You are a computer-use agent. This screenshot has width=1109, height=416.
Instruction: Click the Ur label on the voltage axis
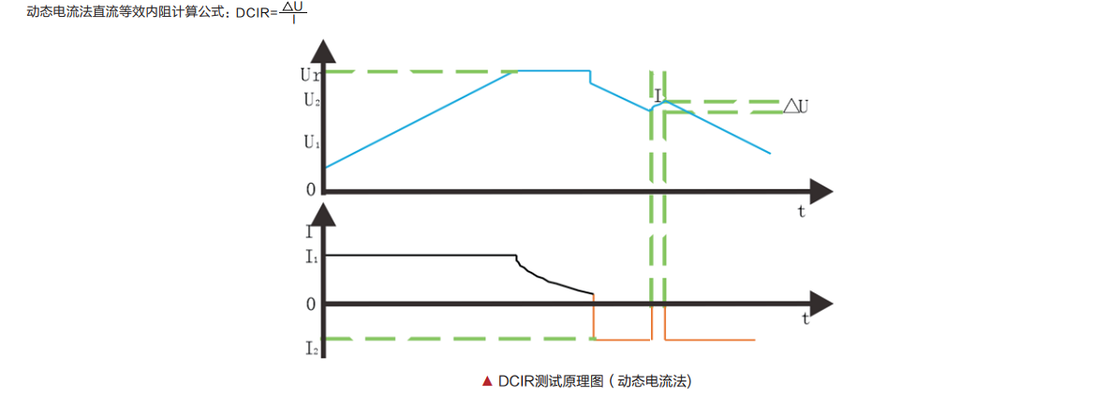tap(310, 72)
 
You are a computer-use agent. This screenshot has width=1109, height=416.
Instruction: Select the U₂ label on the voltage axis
tap(311, 100)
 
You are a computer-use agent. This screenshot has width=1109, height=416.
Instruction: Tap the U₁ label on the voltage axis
tap(311, 143)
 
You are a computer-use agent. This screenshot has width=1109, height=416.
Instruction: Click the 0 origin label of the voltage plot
tap(310, 190)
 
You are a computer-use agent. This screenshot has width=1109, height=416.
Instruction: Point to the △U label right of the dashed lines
tap(796, 107)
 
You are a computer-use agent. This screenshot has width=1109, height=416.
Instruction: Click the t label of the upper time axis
tap(802, 212)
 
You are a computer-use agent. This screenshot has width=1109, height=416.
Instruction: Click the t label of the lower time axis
tap(806, 319)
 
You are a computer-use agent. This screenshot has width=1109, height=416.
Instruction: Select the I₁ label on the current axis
tap(311, 256)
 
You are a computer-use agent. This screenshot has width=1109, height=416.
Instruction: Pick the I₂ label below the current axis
tap(311, 349)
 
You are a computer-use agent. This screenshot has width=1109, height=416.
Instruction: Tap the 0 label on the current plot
tap(310, 304)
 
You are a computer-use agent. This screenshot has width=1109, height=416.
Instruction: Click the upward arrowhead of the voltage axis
tap(324, 50)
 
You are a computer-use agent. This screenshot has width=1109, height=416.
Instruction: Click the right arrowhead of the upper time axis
tap(821, 191)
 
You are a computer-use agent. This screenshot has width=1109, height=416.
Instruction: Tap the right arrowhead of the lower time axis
tap(821, 304)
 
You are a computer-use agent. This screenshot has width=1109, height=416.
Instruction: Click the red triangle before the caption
tap(486, 381)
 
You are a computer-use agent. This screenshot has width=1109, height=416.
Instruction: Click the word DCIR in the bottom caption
tap(515, 381)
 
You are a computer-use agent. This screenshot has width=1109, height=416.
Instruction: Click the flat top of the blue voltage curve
tap(553, 70)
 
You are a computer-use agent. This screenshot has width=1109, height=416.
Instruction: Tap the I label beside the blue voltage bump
tap(658, 95)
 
